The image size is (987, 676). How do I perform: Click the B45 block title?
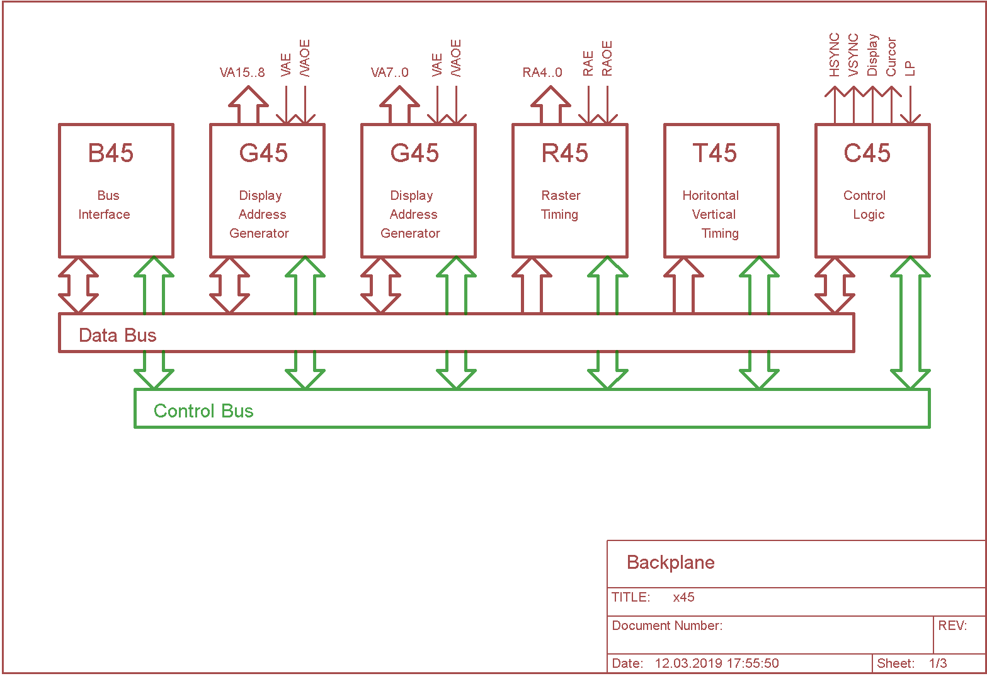[111, 153]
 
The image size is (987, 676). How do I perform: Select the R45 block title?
[564, 153]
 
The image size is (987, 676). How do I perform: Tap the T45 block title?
[715, 153]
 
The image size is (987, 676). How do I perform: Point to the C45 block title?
[867, 153]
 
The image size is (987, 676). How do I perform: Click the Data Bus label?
[117, 335]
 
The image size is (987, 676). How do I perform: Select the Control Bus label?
[203, 411]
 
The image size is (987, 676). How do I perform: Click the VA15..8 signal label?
[242, 73]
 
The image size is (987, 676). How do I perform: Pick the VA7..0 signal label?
[389, 73]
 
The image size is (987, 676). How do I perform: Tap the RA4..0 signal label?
[542, 73]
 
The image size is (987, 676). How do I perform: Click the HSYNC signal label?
[835, 55]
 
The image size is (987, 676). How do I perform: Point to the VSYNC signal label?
[853, 55]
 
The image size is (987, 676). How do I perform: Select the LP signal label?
[910, 68]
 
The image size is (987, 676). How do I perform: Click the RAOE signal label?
[607, 59]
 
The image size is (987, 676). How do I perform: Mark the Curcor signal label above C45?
[891, 57]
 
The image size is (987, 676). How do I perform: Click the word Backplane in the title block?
[670, 562]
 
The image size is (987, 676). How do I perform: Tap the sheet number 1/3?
[938, 663]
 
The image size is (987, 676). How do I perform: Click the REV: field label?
[952, 626]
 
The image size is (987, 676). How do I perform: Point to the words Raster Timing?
[560, 205]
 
